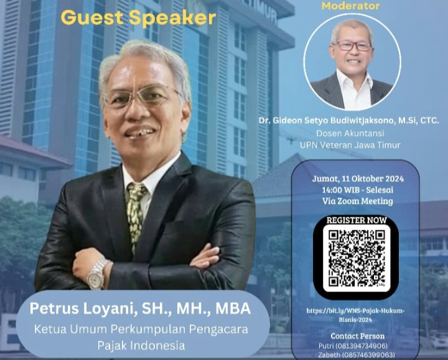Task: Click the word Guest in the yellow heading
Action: pos(92,17)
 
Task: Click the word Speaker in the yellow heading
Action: pos(172,18)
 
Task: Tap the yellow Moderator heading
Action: pos(350,6)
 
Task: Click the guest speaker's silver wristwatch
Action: pos(97,273)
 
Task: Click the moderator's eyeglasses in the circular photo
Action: pos(353,45)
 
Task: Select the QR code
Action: pos(357,258)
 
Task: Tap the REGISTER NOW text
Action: pos(357,220)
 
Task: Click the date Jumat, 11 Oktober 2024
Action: pos(358,179)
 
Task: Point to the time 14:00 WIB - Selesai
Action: pos(358,190)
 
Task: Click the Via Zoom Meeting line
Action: pos(358,201)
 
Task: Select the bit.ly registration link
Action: pos(355,315)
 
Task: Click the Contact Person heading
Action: pos(357,336)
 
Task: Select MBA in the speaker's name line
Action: pos(233,308)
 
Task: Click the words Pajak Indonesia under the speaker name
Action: pos(141,345)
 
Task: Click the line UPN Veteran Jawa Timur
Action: pos(350,145)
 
